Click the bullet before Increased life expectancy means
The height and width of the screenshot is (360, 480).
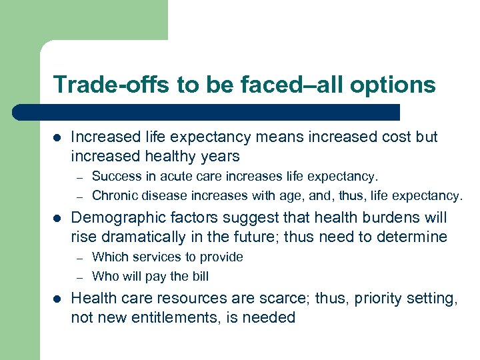(x=57, y=137)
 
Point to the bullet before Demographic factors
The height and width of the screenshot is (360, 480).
(x=57, y=218)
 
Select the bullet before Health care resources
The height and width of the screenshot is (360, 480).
(x=57, y=299)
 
